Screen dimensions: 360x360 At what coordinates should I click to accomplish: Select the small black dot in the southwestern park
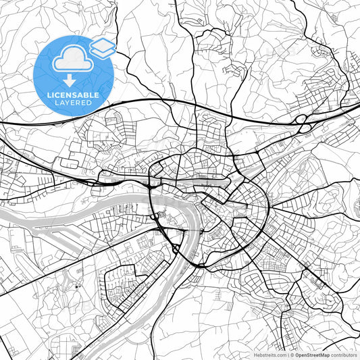point(78,286)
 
